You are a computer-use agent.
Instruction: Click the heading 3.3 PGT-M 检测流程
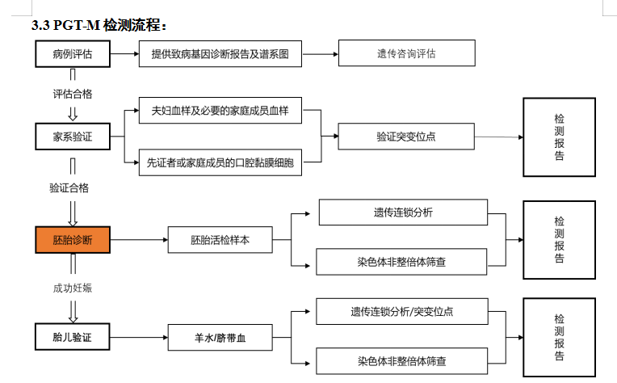tap(99, 26)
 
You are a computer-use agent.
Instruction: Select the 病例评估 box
tap(71, 54)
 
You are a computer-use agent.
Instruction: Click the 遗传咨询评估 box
tap(405, 54)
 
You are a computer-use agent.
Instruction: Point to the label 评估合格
tap(72, 94)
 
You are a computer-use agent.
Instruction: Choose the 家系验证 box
tap(71, 137)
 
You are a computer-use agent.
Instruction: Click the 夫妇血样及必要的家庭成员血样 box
tap(220, 111)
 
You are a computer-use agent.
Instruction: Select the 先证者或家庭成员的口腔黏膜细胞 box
tap(220, 162)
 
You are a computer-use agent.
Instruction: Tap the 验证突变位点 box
tap(405, 137)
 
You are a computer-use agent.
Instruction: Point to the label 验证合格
tap(69, 187)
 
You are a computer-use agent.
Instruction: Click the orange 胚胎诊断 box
tap(71, 240)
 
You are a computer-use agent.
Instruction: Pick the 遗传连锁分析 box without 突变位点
tap(403, 213)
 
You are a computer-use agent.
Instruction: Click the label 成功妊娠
tap(72, 288)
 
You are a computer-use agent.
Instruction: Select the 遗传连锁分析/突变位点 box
tap(402, 311)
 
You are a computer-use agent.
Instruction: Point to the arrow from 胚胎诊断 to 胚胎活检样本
tap(137, 240)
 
